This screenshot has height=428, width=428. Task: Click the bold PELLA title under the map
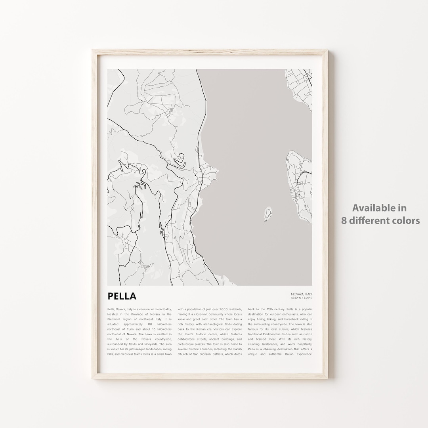point(122,296)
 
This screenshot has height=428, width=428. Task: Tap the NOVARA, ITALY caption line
point(302,294)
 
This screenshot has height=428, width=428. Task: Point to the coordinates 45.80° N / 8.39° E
point(302,298)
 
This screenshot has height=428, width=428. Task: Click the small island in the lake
point(268,214)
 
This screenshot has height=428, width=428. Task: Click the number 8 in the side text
point(344,220)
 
